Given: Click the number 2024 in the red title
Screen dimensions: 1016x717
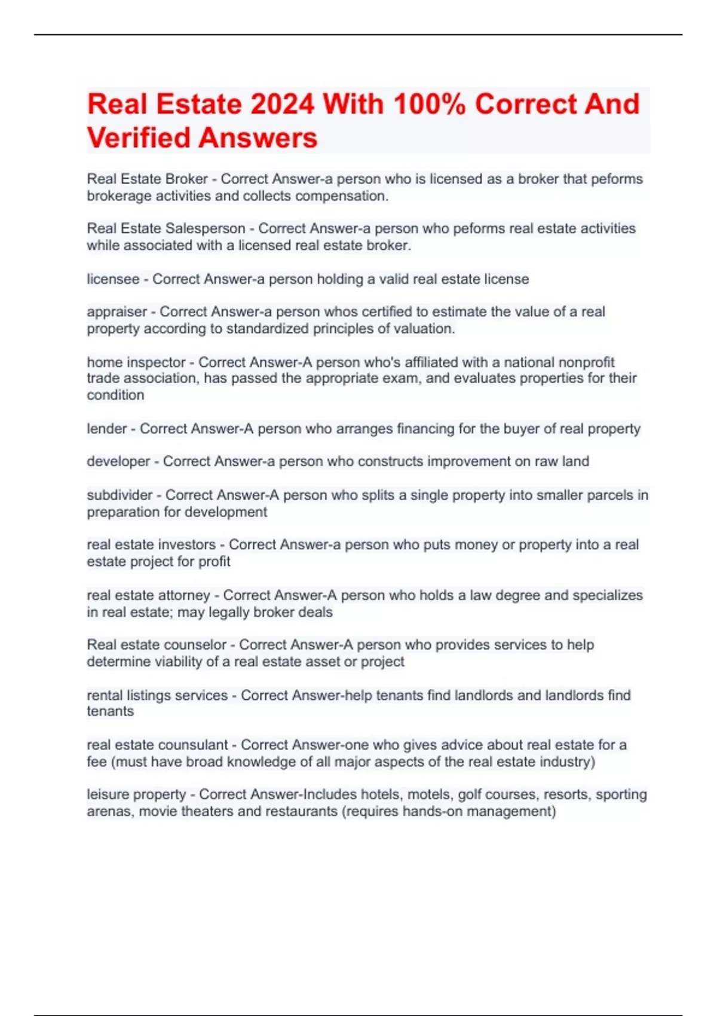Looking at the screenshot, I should (282, 105).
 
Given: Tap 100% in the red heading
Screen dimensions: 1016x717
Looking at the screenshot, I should (430, 105).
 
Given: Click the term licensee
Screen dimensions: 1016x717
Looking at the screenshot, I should (113, 279).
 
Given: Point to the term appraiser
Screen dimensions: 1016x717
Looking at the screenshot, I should (117, 312).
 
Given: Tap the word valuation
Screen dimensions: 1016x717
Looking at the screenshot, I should (425, 329).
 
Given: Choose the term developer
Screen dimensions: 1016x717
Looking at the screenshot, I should (118, 461).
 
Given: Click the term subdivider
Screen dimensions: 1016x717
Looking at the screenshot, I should (119, 495).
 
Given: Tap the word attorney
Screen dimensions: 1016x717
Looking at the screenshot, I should (182, 595).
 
